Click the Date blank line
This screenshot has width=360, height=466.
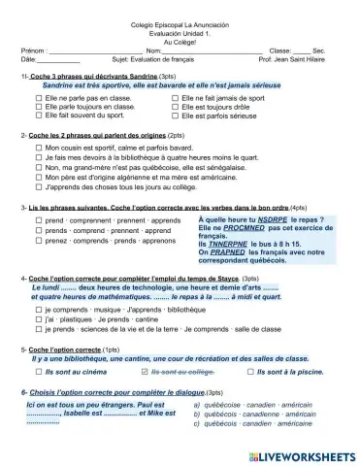(58, 60)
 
